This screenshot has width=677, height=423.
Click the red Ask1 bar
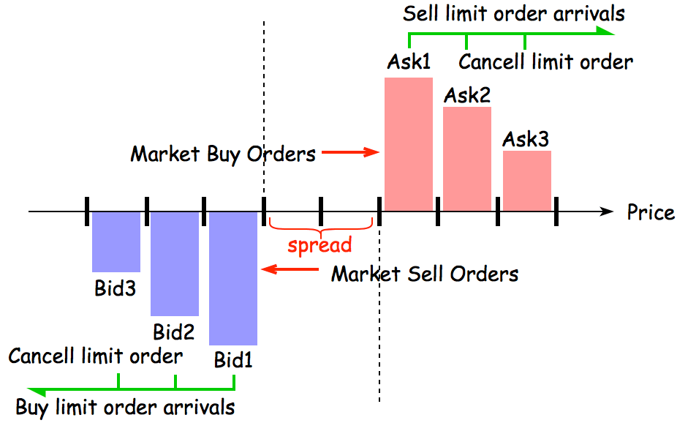409,143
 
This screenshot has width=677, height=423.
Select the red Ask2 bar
467,159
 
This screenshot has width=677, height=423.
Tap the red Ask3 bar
526,181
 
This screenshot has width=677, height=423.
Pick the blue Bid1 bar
233,278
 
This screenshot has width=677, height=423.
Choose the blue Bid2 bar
175,263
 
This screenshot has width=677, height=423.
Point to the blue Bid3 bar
116,242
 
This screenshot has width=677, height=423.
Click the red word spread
319,244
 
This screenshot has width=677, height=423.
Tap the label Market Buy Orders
223,154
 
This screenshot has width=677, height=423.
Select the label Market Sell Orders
425,274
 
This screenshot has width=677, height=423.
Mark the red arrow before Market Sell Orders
290,270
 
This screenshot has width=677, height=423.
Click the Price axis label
651,212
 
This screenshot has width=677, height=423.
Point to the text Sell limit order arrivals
514,13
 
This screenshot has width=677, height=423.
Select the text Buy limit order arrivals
126,406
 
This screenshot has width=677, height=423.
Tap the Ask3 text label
526,139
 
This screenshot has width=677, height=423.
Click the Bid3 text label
116,288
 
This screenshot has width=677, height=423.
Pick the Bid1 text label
233,360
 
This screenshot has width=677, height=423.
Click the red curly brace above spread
320,223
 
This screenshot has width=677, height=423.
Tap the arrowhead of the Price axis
606,212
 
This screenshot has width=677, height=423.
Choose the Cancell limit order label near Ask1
545,61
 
